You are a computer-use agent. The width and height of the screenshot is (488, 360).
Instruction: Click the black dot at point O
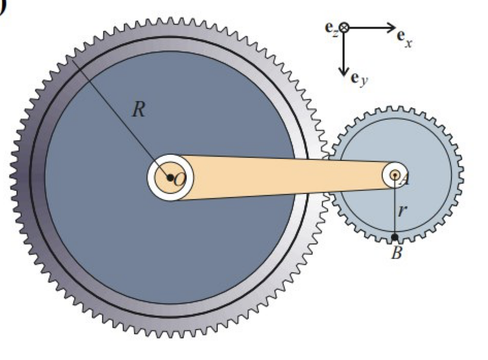coord(170,177)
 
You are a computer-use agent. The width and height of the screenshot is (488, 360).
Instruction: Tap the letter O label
coord(179,179)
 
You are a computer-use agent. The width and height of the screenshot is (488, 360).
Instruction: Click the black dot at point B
coord(395,238)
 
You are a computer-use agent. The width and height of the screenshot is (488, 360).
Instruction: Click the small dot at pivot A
coord(395,175)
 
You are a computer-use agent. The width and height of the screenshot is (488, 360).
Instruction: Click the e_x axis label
coord(405,38)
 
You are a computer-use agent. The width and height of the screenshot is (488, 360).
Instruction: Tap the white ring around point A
coord(386,175)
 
